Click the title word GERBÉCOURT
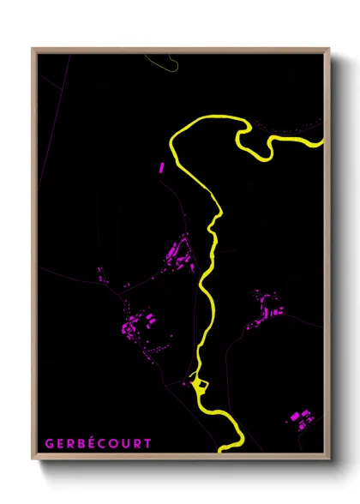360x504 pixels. pos(98,444)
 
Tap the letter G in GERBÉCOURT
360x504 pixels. pos(48,444)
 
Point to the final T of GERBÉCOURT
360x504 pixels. pos(148,444)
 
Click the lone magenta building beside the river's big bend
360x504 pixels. pos(159,167)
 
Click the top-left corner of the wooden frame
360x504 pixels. pos(33,50)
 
